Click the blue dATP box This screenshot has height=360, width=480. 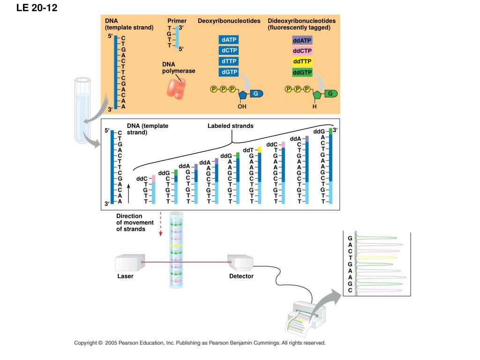[x=229, y=40]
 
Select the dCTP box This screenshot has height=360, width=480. [x=229, y=51]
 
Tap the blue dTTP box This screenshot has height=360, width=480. [x=229, y=61]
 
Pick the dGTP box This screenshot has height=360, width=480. [x=229, y=72]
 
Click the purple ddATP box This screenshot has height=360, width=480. [x=302, y=40]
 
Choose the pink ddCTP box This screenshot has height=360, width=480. [x=302, y=51]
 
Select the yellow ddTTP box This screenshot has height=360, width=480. [x=302, y=61]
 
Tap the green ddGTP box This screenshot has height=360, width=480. [x=302, y=73]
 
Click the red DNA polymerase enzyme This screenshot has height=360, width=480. [x=176, y=89]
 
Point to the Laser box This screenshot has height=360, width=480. [x=130, y=262]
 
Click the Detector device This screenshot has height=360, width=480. [x=240, y=262]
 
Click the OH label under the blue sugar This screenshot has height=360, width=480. [x=242, y=106]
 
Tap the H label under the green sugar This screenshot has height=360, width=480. [x=315, y=106]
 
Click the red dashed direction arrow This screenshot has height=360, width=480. [x=160, y=224]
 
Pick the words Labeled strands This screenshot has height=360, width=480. [x=231, y=126]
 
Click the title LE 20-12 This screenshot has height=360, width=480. [x=37, y=7]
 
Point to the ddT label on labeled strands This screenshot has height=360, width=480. [x=248, y=150]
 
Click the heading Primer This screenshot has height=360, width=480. [x=177, y=21]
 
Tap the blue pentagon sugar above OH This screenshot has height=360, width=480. [x=243, y=95]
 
